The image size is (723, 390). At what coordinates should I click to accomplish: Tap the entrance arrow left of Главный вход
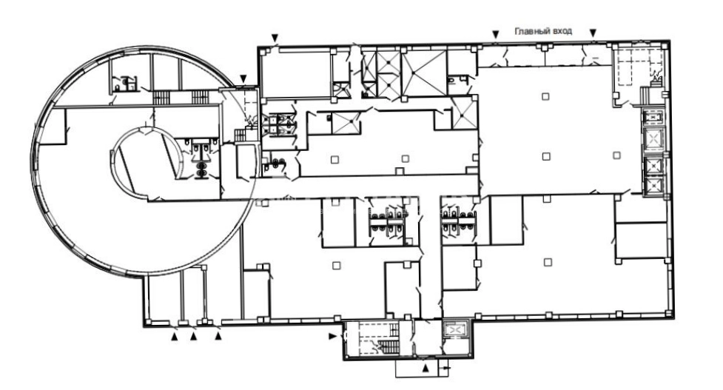(496, 34)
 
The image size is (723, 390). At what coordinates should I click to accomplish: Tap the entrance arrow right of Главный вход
(593, 33)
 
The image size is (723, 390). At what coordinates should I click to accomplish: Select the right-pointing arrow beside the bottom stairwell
(332, 336)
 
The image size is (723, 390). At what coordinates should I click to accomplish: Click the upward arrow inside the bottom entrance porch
(426, 368)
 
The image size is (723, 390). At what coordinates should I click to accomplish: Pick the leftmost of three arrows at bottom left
(175, 337)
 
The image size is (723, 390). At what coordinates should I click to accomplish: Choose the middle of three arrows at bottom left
(194, 337)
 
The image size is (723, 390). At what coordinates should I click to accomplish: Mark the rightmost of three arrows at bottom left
(218, 337)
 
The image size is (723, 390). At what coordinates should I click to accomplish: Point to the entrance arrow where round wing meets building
(243, 78)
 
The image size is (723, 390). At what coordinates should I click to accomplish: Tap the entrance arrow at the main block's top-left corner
(275, 37)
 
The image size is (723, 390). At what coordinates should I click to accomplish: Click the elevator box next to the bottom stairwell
(454, 329)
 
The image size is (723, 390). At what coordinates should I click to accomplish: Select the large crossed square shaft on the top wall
(424, 73)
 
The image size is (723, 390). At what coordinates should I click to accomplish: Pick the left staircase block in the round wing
(161, 97)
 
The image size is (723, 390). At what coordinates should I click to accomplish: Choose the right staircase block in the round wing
(200, 97)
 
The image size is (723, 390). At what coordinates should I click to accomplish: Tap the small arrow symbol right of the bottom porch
(445, 368)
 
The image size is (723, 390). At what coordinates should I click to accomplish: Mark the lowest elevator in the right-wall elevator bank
(653, 186)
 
